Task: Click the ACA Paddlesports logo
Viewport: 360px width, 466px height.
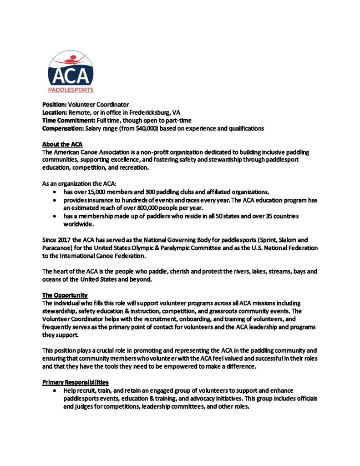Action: click(71, 71)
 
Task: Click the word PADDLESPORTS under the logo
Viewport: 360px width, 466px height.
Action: click(71, 90)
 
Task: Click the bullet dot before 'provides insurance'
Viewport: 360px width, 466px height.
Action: click(55, 200)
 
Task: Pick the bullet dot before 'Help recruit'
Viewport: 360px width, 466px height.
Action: click(55, 391)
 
